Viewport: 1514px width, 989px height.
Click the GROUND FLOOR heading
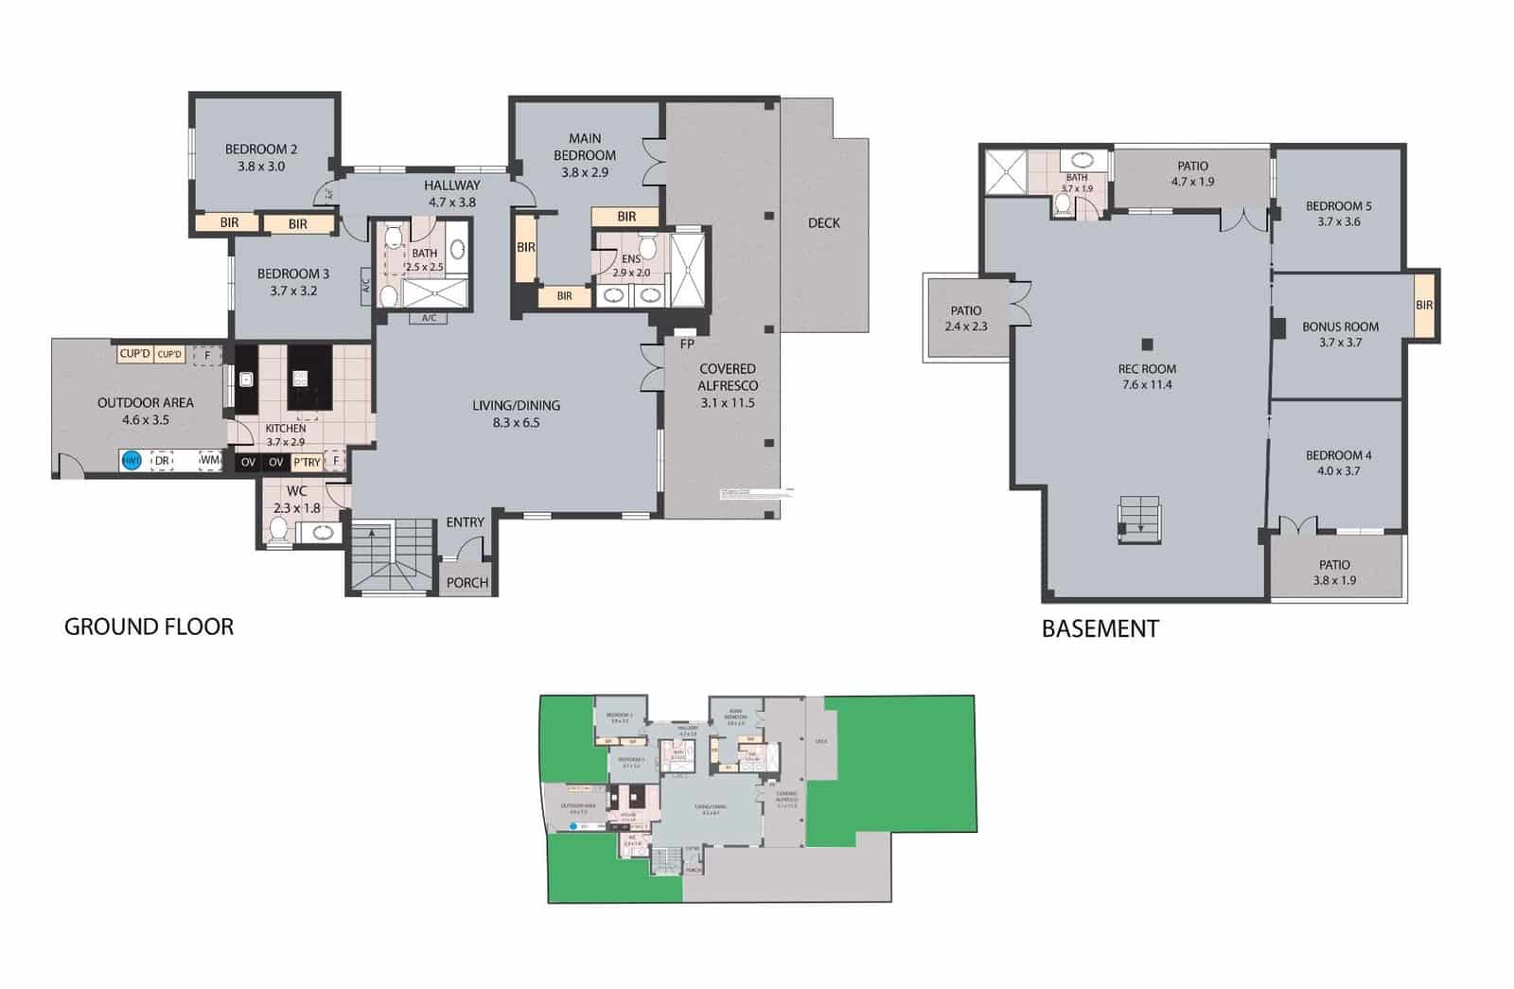pyautogui.click(x=149, y=627)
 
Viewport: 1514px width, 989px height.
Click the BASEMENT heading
pyautogui.click(x=1100, y=628)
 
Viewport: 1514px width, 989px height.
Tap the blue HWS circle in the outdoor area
pyautogui.click(x=132, y=461)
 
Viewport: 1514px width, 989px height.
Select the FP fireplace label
pyautogui.click(x=687, y=344)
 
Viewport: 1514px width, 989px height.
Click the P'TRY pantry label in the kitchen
pyautogui.click(x=307, y=462)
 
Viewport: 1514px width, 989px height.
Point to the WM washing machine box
pyautogui.click(x=209, y=461)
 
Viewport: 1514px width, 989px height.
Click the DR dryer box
pyautogui.click(x=162, y=461)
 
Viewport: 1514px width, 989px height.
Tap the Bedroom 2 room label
pyautogui.click(x=261, y=149)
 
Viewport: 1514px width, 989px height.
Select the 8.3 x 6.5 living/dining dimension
pyautogui.click(x=516, y=422)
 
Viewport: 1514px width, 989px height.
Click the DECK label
pyautogui.click(x=823, y=223)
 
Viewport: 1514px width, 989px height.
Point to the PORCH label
pyautogui.click(x=467, y=582)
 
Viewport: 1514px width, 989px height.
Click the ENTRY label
pyautogui.click(x=465, y=522)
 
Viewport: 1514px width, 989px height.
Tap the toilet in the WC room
pyautogui.click(x=278, y=533)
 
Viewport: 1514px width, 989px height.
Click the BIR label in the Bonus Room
pyautogui.click(x=1424, y=305)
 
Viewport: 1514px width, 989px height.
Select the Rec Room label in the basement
pyautogui.click(x=1146, y=369)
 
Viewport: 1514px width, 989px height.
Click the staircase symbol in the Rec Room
pyautogui.click(x=1139, y=520)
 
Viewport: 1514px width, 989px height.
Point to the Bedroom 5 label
pyautogui.click(x=1338, y=206)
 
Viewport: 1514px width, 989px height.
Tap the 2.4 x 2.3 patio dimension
pyautogui.click(x=965, y=327)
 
